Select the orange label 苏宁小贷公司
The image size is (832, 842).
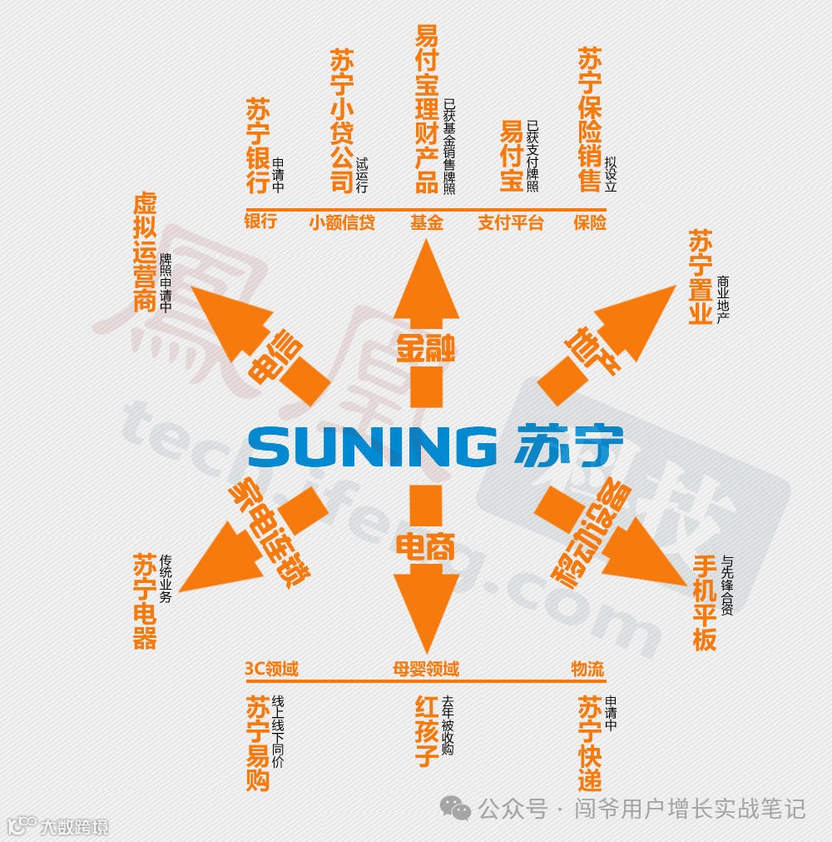[341, 122]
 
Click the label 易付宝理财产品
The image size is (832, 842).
[427, 108]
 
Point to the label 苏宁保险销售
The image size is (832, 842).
[589, 119]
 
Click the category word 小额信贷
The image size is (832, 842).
[342, 222]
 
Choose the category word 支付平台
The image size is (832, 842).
[510, 222]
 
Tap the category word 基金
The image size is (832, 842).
[427, 222]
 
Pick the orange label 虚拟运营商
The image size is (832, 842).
[145, 253]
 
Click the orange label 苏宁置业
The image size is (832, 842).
[701, 277]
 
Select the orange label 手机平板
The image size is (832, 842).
[705, 603]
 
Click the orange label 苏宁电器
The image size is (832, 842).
[145, 601]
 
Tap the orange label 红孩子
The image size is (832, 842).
[427, 732]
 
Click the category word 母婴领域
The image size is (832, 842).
[426, 669]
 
